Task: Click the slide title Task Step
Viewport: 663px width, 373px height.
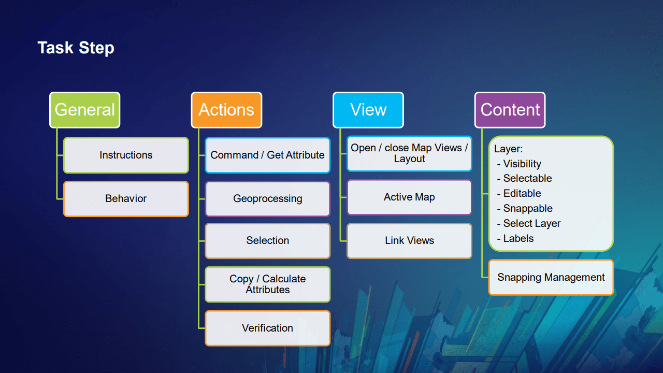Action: [76, 48]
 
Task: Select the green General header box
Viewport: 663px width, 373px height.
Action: [84, 110]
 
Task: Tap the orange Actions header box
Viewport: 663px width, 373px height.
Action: [226, 110]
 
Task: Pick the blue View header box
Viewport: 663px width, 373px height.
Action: [368, 110]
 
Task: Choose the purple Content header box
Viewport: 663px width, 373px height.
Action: [510, 110]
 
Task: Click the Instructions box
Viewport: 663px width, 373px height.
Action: [126, 155]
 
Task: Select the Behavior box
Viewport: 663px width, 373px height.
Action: [126, 198]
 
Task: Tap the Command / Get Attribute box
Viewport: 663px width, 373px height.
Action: [267, 155]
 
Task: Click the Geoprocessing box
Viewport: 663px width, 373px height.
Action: [267, 198]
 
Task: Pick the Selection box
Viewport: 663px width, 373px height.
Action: [267, 240]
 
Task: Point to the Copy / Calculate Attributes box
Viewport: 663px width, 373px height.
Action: [267, 284]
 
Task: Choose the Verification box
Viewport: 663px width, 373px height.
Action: [267, 328]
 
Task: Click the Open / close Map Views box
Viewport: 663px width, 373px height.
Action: [409, 153]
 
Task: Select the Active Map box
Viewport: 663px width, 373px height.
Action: [409, 197]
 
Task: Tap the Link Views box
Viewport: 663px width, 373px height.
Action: [409, 240]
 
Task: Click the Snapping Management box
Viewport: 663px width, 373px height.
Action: [551, 277]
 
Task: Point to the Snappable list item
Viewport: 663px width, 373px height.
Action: [527, 208]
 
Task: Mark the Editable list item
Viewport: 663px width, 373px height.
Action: [522, 193]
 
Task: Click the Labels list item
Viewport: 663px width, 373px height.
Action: [518, 238]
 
